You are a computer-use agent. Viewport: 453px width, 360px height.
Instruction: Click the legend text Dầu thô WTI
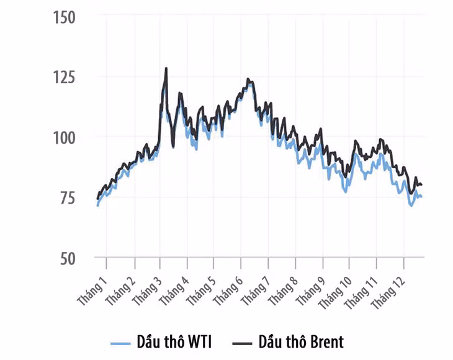coord(177,342)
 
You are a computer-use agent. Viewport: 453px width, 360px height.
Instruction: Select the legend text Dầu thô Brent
coord(301,342)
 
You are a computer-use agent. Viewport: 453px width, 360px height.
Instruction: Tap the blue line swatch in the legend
coord(120,343)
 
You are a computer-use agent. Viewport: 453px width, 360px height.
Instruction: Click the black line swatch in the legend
coord(241,343)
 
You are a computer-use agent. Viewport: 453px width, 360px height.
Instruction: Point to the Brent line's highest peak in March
coord(166,68)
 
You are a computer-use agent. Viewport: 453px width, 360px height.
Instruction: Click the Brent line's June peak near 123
coord(248,79)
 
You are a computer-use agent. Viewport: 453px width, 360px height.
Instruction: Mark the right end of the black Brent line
coord(422,185)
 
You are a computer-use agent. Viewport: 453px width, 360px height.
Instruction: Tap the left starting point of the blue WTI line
coord(97,205)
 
